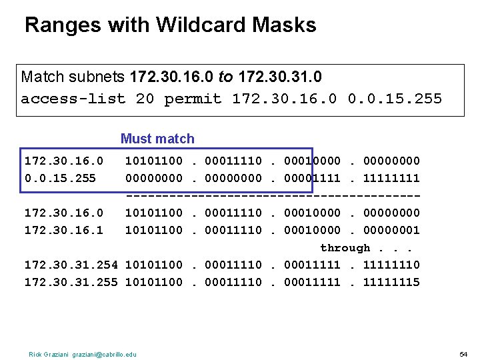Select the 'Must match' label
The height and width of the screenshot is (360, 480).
tap(157, 139)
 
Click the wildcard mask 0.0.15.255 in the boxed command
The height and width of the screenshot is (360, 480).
tap(395, 99)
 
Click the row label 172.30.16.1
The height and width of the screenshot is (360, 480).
tap(64, 230)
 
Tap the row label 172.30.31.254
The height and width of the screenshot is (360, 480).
tap(71, 265)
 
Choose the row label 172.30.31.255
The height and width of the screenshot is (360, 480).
tap(71, 282)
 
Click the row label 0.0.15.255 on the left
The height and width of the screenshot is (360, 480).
tap(60, 178)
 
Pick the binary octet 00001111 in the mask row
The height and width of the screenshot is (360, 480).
tap(312, 178)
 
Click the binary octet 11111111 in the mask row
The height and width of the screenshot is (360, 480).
tap(391, 178)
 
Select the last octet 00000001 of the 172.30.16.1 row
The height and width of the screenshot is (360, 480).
tap(391, 230)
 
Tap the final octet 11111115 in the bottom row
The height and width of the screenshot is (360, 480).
tap(391, 282)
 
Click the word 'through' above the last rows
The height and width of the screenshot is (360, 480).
tap(345, 248)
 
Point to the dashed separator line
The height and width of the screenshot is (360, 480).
tap(273, 195)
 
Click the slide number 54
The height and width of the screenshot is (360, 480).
tap(464, 353)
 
